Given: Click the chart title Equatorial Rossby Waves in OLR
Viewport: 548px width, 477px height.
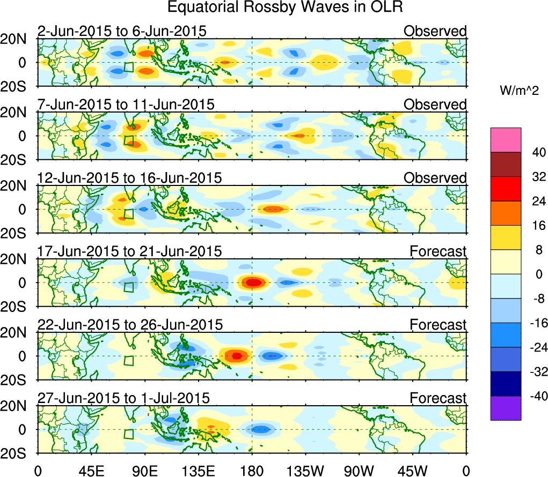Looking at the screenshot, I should point(285,8).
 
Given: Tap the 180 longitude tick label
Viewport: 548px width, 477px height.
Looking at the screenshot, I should point(252,471).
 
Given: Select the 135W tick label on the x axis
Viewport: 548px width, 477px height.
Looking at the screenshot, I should point(305,471).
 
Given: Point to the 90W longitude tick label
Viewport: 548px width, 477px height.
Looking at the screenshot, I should point(359,471).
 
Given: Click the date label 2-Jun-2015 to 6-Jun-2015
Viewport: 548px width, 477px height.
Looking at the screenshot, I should point(122,31).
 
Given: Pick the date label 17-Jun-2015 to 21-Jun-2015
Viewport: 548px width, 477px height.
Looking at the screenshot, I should point(129,251).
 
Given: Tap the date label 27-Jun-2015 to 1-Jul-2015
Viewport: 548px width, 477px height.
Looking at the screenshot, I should point(123,398).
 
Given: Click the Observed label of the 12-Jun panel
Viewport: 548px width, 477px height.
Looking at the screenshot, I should point(435,177).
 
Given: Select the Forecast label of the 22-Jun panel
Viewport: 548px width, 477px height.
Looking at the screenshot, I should point(438,324).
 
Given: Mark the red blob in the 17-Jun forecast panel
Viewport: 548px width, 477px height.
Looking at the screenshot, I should point(253,282).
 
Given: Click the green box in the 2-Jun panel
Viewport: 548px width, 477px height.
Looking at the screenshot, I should point(128,67).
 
